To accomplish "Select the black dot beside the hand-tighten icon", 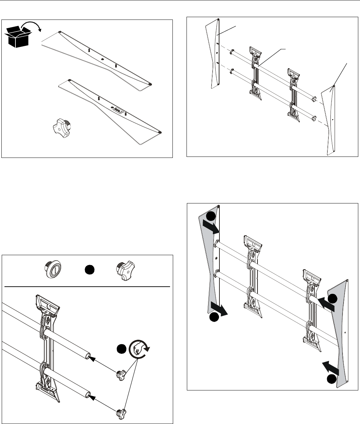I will pyautogui.click(x=121, y=349).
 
